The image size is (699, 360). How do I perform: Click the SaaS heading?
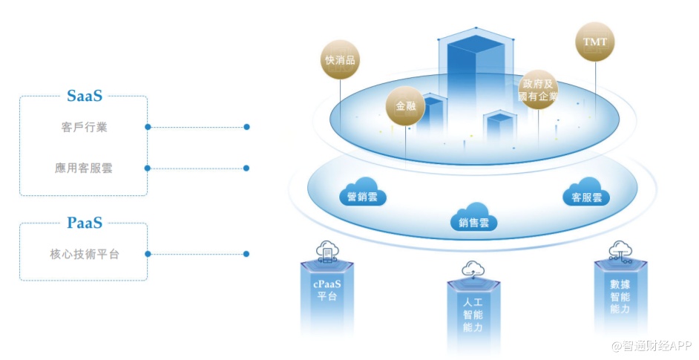coord(84,96)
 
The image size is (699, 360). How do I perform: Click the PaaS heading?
coord(84,223)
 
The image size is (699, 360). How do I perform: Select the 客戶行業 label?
coord(85,127)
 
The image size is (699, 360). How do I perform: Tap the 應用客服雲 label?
coord(84,168)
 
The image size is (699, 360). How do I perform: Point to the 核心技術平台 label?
coord(84,254)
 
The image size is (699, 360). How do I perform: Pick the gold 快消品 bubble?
coord(340,60)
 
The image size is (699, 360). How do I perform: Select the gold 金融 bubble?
coord(405,107)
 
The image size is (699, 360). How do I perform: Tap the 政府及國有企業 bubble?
coord(538,89)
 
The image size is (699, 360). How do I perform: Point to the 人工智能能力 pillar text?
coord(473,315)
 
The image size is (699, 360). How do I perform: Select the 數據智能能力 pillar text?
coord(620,296)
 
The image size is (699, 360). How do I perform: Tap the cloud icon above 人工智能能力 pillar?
coord(473,269)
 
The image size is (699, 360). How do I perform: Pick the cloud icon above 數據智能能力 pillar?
coord(620,250)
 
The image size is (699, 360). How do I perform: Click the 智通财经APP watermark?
coord(651,346)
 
